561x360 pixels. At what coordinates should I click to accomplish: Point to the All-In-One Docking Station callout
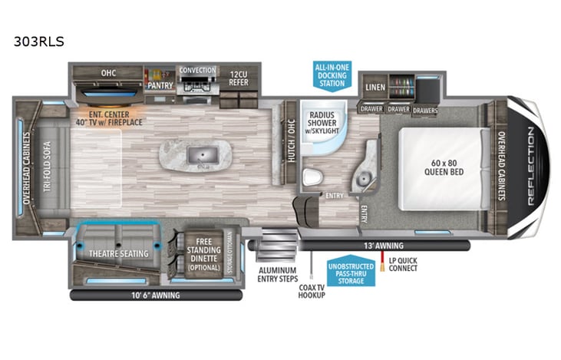tap(332, 76)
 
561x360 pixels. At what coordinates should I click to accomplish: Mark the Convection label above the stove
tap(197, 71)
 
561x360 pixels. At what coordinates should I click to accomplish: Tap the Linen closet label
tap(375, 87)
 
